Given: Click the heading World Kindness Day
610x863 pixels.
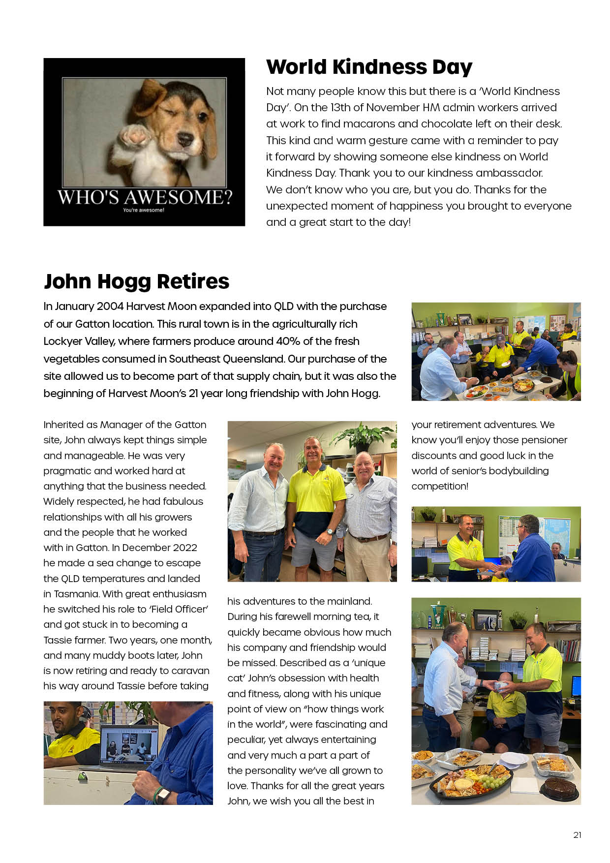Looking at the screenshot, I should click(369, 67).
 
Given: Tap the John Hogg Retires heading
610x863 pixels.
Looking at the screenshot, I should click(136, 281).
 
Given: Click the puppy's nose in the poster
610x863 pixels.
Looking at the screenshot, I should click(185, 140).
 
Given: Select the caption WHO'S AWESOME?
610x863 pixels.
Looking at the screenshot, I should click(144, 197).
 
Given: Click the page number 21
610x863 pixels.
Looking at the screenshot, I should click(577, 835).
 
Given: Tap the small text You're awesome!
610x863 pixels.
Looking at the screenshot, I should click(144, 210).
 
